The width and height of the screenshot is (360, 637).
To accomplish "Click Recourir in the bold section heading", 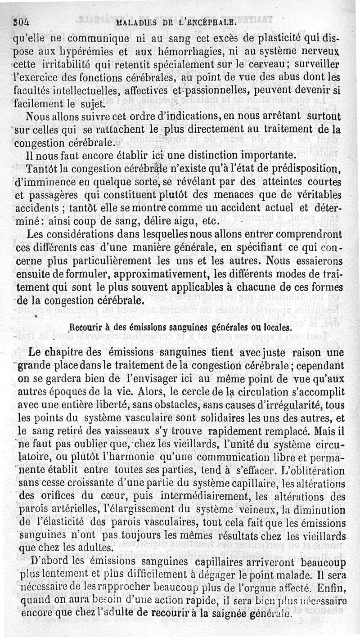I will click(88, 327).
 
